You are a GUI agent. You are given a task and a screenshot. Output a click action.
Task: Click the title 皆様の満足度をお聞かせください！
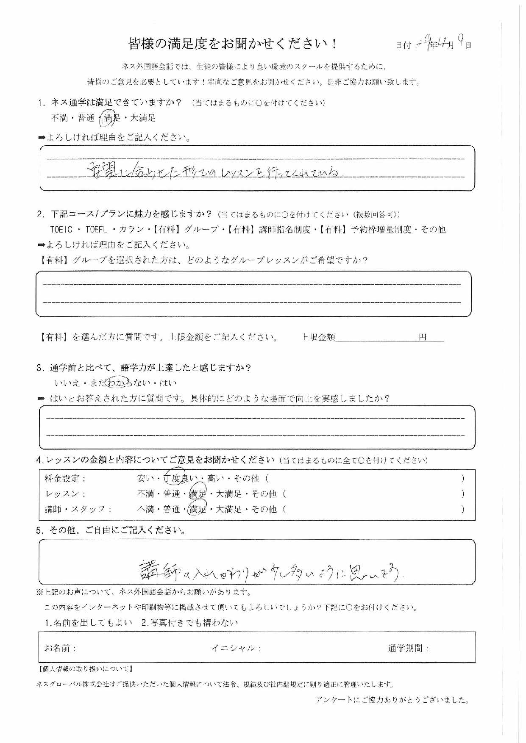(233, 44)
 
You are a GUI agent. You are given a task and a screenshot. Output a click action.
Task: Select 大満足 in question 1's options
(143, 118)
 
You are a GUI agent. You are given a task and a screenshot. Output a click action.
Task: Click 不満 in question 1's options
(59, 118)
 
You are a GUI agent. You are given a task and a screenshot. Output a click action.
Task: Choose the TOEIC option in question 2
(61, 230)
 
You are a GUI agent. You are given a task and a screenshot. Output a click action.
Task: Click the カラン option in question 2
(131, 230)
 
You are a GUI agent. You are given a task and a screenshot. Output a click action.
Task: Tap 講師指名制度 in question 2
(284, 230)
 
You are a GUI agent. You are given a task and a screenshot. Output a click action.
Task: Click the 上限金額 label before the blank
(319, 337)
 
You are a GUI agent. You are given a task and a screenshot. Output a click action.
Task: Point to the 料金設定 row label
(65, 479)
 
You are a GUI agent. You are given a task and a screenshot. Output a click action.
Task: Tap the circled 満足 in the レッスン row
(198, 494)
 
